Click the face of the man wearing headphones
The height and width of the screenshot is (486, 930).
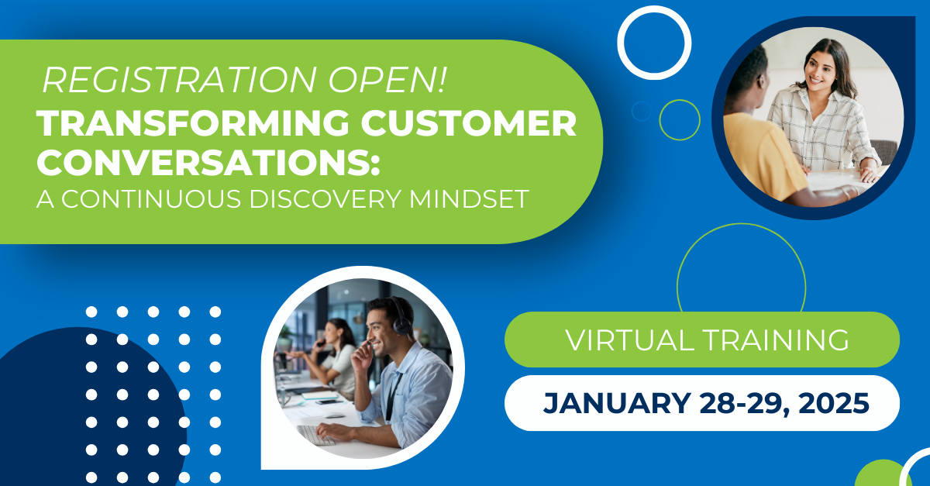tap(383, 326)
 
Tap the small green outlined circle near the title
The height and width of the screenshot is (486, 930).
tap(680, 119)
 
